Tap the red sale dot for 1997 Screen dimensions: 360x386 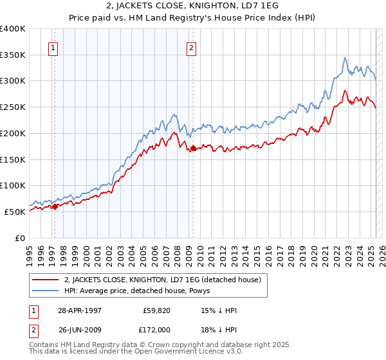click(55, 206)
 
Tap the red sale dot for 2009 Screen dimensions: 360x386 click(193, 148)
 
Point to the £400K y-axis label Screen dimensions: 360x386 click(13, 29)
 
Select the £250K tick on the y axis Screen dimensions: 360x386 click(13, 107)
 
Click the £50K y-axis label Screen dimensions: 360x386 click(15, 212)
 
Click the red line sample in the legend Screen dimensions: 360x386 click(46, 280)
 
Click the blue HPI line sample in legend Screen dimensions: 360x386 click(46, 291)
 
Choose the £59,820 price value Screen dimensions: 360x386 click(156, 310)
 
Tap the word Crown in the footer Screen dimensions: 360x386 click(158, 346)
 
